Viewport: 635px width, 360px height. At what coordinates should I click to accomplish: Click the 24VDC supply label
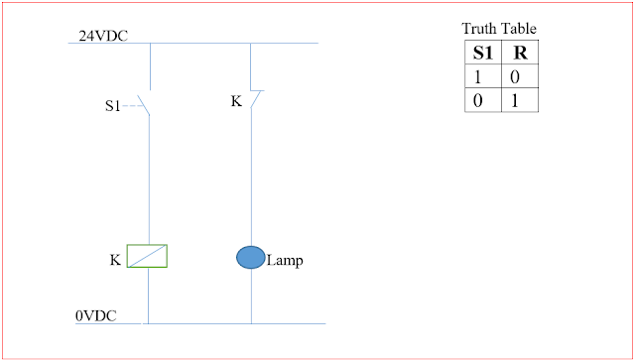[102, 36]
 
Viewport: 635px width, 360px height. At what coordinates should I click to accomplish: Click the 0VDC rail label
[95, 315]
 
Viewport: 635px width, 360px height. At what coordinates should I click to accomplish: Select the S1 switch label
[113, 104]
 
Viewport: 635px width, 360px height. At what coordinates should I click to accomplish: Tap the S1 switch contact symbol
[144, 103]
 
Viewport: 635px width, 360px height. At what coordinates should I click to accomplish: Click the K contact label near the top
[235, 100]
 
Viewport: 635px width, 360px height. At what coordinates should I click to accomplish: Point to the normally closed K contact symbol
[254, 99]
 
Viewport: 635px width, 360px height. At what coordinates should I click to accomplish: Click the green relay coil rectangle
[147, 256]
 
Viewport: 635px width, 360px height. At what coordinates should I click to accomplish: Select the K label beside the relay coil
[115, 261]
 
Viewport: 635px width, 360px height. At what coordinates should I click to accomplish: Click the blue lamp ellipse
[250, 258]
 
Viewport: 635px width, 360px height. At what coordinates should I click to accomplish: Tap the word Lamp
[285, 261]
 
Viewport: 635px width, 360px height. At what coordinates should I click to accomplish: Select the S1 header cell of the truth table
[483, 53]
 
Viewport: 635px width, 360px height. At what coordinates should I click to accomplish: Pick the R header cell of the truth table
[519, 53]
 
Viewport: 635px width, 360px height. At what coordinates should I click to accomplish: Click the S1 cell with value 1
[483, 76]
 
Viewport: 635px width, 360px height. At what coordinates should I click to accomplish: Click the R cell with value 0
[519, 76]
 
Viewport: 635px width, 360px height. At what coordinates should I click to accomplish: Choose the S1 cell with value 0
[483, 100]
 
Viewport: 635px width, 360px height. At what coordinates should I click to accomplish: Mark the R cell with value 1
[519, 100]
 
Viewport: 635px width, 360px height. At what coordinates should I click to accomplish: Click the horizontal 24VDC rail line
[198, 43]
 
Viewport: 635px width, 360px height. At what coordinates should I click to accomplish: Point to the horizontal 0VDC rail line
[198, 323]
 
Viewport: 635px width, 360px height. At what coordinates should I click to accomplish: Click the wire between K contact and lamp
[251, 179]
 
